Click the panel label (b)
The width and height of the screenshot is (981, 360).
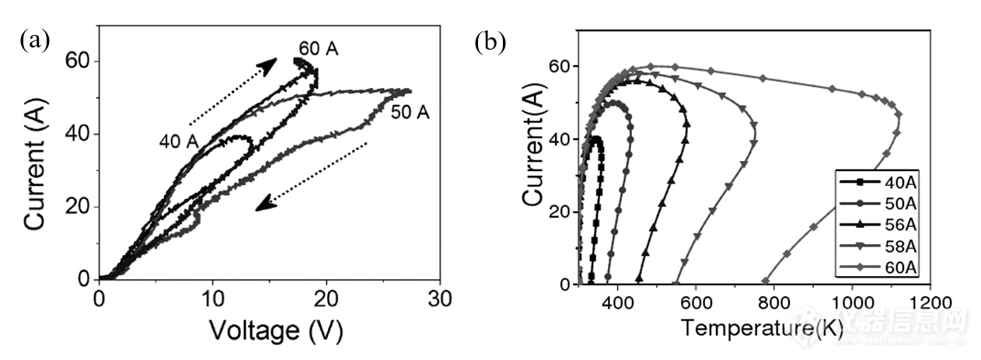click(x=490, y=43)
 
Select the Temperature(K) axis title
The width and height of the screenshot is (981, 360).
click(x=763, y=328)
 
